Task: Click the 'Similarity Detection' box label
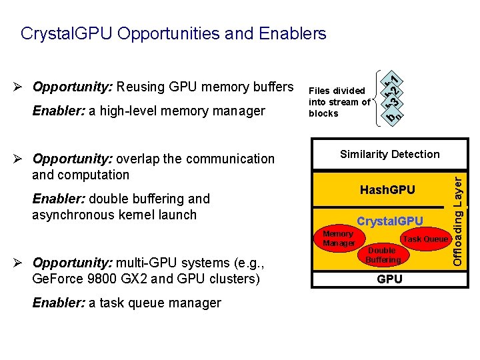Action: pos(389,155)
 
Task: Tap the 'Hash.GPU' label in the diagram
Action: pos(387,190)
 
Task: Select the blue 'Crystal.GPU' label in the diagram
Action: pos(389,221)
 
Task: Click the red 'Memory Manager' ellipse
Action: pos(338,239)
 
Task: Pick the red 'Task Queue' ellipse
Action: pos(425,239)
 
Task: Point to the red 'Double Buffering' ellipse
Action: pos(383,255)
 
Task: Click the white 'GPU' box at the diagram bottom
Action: pos(389,279)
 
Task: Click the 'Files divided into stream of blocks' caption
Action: pos(339,102)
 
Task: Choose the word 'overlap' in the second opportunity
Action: pos(137,159)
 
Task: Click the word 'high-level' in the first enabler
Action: pos(120,111)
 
